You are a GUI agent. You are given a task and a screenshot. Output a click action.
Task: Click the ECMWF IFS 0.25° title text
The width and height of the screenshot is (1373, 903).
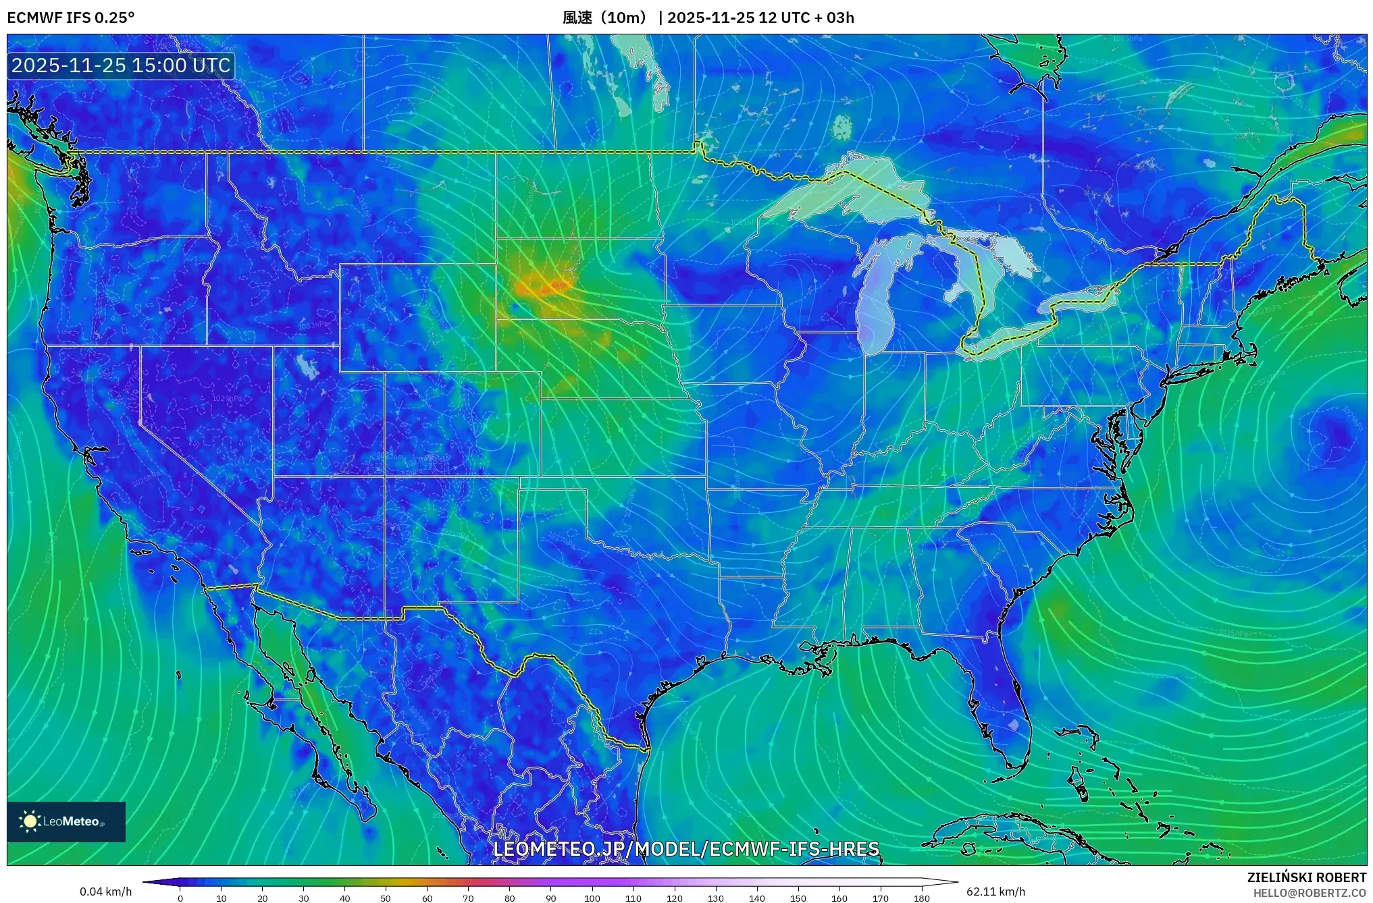pyautogui.click(x=70, y=18)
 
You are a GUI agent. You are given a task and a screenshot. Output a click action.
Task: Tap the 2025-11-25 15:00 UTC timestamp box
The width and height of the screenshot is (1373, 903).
pyautogui.click(x=121, y=65)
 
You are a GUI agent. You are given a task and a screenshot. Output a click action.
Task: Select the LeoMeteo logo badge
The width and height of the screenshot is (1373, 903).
pyautogui.click(x=66, y=821)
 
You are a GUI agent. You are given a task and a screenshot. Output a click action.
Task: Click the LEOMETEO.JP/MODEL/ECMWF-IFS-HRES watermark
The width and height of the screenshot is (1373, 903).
pyautogui.click(x=685, y=848)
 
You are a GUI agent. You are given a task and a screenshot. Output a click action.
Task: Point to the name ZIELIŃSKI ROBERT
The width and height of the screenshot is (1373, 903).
pyautogui.click(x=1306, y=877)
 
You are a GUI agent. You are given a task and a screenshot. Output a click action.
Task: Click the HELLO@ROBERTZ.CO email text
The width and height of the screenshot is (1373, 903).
pyautogui.click(x=1310, y=893)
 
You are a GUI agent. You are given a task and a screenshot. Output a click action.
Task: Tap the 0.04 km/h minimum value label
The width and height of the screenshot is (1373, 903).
pyautogui.click(x=105, y=892)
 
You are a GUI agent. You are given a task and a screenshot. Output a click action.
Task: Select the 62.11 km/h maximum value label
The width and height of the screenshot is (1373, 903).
pyautogui.click(x=995, y=892)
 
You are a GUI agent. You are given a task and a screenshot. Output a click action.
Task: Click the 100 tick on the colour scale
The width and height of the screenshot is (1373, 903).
pyautogui.click(x=592, y=898)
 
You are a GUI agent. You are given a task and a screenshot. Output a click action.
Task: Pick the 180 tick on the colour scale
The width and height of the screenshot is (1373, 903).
pyautogui.click(x=921, y=898)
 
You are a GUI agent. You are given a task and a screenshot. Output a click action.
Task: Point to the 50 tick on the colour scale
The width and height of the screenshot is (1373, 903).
pyautogui.click(x=386, y=898)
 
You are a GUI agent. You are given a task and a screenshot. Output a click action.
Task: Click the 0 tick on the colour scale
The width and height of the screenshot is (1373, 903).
pyautogui.click(x=180, y=898)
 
